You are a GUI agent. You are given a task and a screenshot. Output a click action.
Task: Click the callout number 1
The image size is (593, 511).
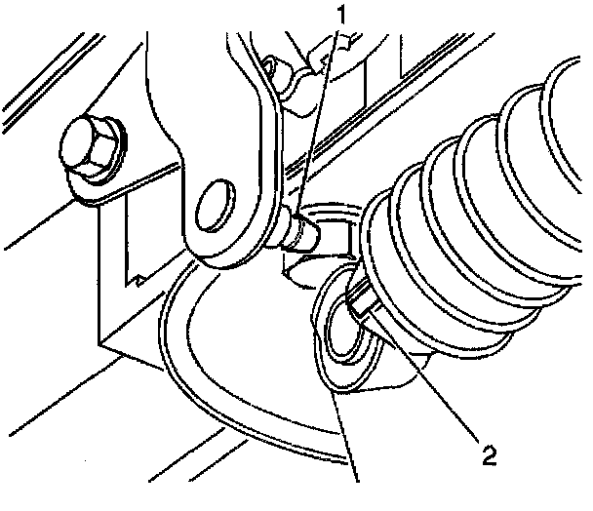tap(341, 15)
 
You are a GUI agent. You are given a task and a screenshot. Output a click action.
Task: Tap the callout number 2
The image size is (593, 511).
tap(484, 452)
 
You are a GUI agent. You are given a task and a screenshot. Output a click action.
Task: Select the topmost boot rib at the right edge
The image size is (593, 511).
tap(566, 88)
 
